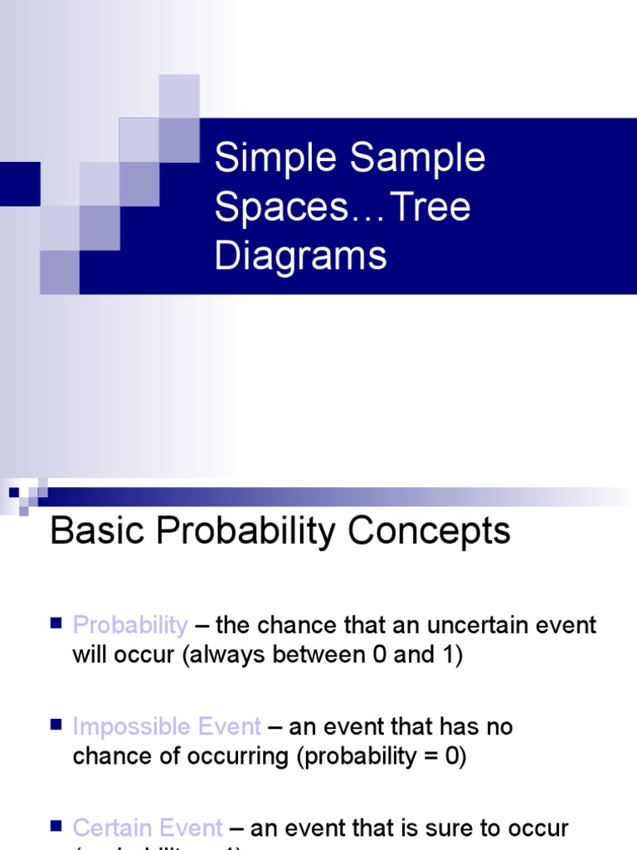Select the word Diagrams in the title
click(300, 255)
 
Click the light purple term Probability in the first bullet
click(130, 625)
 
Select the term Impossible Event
click(167, 727)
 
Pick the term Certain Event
click(148, 828)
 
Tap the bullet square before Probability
click(56, 623)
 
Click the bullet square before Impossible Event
click(56, 725)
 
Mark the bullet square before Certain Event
click(56, 825)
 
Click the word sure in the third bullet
click(450, 828)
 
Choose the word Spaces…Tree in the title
click(342, 207)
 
